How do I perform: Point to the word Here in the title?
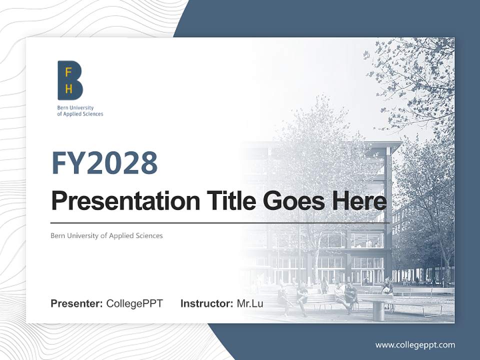pos(358,201)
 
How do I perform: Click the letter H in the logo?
pos(68,89)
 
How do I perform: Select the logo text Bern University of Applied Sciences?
pos(79,111)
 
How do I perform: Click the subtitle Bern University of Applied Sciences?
pos(106,235)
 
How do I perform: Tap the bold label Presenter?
pos(76,303)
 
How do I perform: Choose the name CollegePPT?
pos(134,303)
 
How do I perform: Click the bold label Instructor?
pos(206,303)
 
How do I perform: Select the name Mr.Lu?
pos(250,303)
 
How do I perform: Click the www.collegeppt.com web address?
pos(415,345)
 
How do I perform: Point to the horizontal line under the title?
pos(220,222)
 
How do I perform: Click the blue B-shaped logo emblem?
pos(70,80)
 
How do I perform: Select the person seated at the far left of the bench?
pos(283,299)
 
